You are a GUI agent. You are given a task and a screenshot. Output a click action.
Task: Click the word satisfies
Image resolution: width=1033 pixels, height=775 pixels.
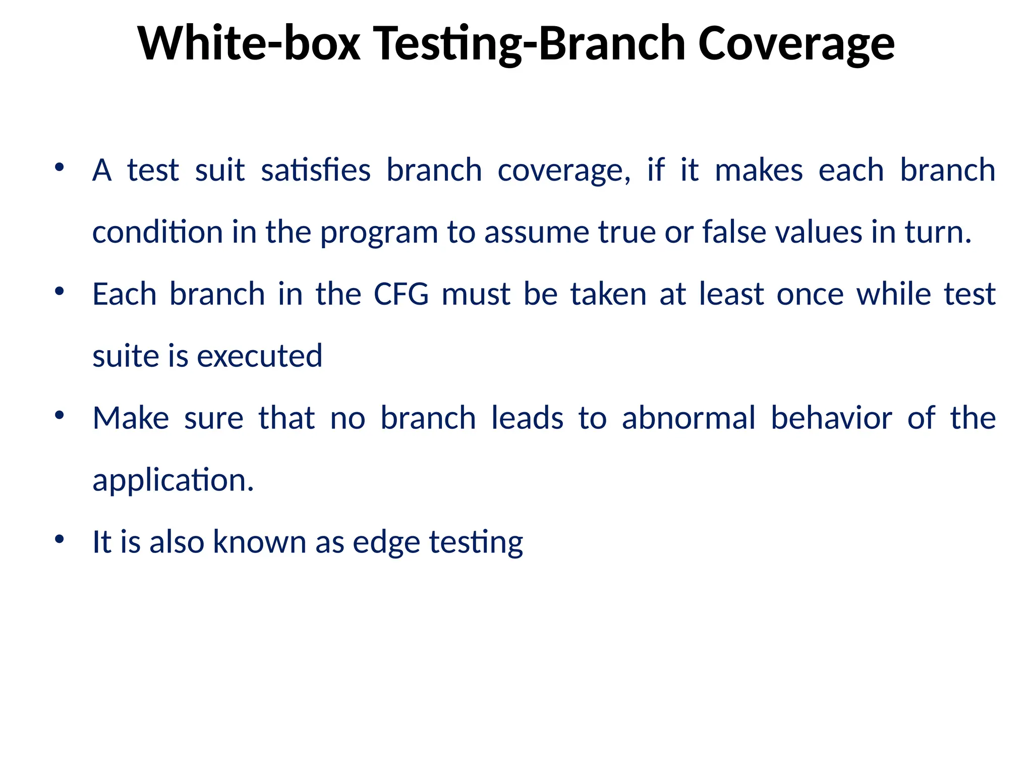tap(316, 171)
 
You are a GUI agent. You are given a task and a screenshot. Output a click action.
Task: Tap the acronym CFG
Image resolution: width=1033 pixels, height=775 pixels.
tap(401, 294)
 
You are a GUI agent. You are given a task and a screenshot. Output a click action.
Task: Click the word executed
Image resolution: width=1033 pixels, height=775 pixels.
tap(259, 356)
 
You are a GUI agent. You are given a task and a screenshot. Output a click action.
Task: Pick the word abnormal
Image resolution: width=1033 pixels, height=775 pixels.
tap(688, 418)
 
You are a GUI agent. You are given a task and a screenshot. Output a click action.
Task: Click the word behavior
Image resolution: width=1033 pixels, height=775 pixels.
tap(832, 418)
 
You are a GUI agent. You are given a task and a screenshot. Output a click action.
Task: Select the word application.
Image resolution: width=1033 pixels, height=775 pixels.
tap(173, 480)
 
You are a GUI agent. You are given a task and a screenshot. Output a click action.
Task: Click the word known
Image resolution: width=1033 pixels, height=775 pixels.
tap(259, 542)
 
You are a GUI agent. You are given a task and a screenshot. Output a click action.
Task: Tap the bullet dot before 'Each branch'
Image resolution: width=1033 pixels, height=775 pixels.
tap(60, 291)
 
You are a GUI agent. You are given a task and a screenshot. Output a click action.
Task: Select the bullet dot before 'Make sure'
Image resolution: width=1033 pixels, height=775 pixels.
tap(60, 415)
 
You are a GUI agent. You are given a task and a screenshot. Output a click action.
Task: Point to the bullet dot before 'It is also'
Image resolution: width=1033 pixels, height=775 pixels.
tap(60, 539)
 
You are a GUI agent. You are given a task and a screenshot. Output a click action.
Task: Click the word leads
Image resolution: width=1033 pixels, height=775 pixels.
tap(527, 418)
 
